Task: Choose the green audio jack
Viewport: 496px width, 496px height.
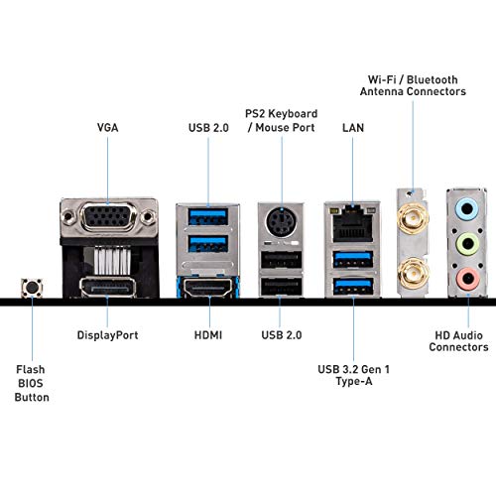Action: (467, 243)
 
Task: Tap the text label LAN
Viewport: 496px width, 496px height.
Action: (352, 128)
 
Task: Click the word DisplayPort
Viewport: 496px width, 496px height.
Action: (107, 335)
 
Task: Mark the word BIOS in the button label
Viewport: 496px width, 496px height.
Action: (31, 383)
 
